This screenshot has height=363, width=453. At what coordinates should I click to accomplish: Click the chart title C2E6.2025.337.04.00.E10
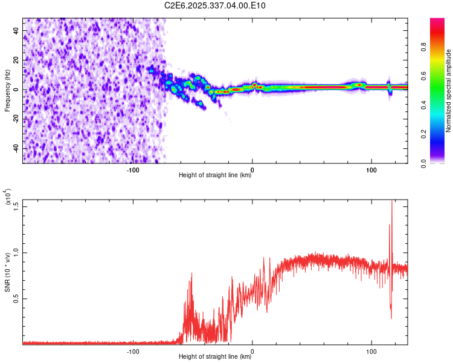[215, 5]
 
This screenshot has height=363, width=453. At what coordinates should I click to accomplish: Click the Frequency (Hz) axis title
[7, 90]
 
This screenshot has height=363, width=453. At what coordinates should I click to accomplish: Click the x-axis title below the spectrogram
[215, 176]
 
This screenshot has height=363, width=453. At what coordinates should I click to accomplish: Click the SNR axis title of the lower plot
[7, 272]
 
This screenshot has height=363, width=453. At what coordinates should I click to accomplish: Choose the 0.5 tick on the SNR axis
[16, 298]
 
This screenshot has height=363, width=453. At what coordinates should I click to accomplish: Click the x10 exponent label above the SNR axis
[8, 197]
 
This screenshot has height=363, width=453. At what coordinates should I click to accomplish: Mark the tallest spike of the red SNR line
[392, 201]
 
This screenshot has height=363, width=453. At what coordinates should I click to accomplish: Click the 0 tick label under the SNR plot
[252, 350]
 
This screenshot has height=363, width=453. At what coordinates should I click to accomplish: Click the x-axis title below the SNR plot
[215, 357]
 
